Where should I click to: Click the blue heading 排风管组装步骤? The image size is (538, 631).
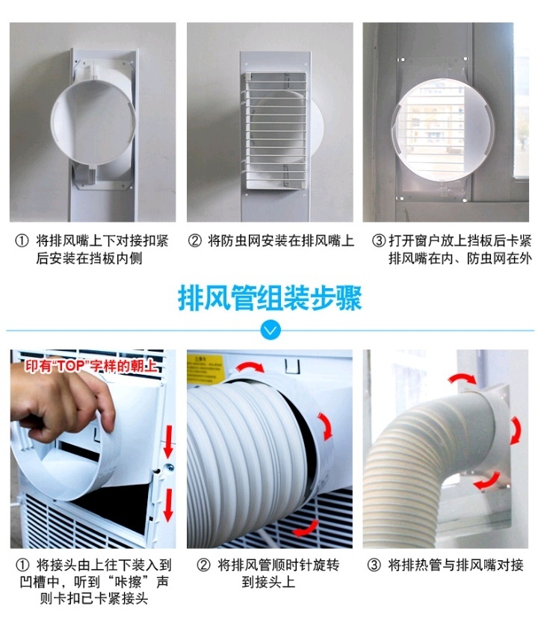269,298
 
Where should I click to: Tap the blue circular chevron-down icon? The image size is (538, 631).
270,329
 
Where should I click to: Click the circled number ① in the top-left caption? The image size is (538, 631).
22,241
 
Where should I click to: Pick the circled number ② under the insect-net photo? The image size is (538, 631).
194,241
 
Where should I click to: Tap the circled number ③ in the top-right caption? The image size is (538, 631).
378,241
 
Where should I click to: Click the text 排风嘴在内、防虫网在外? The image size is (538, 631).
460,259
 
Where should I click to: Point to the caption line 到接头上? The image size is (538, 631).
268,582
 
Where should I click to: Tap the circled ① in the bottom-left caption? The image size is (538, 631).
22,565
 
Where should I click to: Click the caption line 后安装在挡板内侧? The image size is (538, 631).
89,259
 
